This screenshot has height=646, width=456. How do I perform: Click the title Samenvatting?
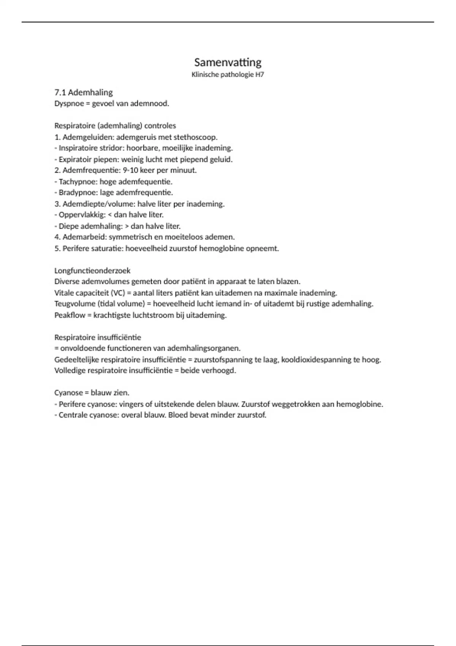228,62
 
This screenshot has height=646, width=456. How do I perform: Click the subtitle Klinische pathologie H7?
228,74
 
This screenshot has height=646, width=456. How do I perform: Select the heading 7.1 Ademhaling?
84,92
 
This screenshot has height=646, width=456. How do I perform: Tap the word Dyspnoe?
69,104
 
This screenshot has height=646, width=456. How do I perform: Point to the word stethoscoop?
195,137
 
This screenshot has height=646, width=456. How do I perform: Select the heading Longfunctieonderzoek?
92,271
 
